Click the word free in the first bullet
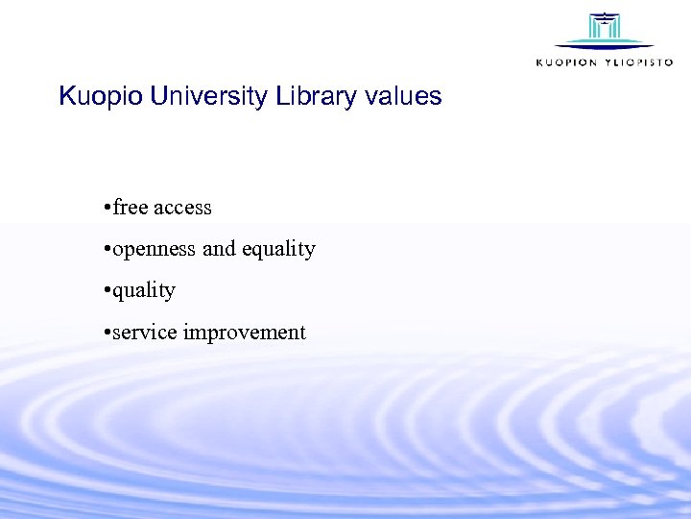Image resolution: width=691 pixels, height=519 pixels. tap(131, 208)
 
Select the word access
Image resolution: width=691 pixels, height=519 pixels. tap(182, 208)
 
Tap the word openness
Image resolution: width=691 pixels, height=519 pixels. tap(155, 249)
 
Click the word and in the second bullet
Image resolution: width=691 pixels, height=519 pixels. tap(219, 249)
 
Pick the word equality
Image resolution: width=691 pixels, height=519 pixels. tap(278, 250)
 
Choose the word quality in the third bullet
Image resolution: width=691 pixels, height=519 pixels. tap(144, 291)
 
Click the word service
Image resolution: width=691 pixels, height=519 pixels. tap(145, 333)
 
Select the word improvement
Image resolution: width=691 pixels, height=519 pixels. tap(245, 334)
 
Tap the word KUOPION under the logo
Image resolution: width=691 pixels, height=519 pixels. tap(566, 62)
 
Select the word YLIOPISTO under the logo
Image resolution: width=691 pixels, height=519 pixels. tap(638, 62)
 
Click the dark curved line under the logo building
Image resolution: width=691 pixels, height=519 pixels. tap(604, 46)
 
